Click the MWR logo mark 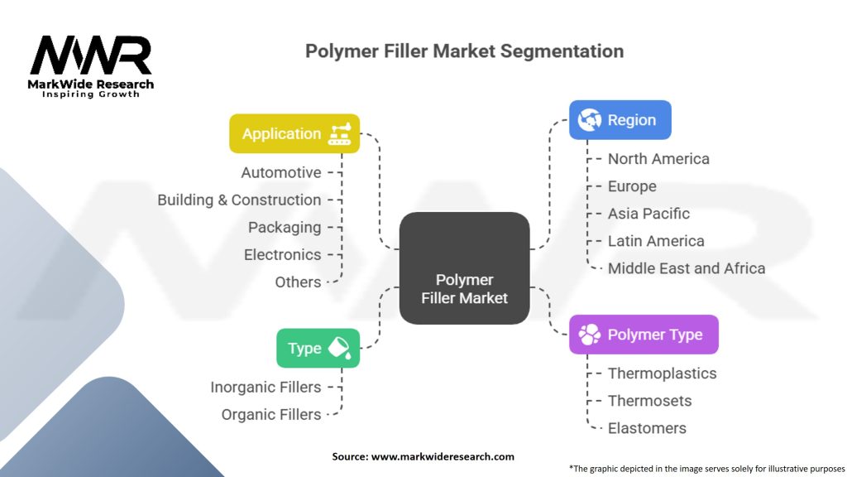(91, 55)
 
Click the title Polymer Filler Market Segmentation (465, 51)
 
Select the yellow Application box (294, 133)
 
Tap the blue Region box (620, 120)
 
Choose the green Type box (318, 349)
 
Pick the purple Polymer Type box (644, 335)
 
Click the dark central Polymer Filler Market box (465, 268)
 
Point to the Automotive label (281, 172)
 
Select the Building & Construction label (239, 200)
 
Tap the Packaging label (285, 228)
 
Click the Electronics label (283, 255)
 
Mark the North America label (658, 159)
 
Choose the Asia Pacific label (648, 214)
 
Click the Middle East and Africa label (687, 268)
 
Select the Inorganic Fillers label (266, 388)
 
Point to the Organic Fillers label (271, 415)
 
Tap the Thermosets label (650, 401)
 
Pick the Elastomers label (647, 428)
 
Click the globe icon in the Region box (589, 120)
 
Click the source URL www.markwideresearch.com (443, 456)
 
